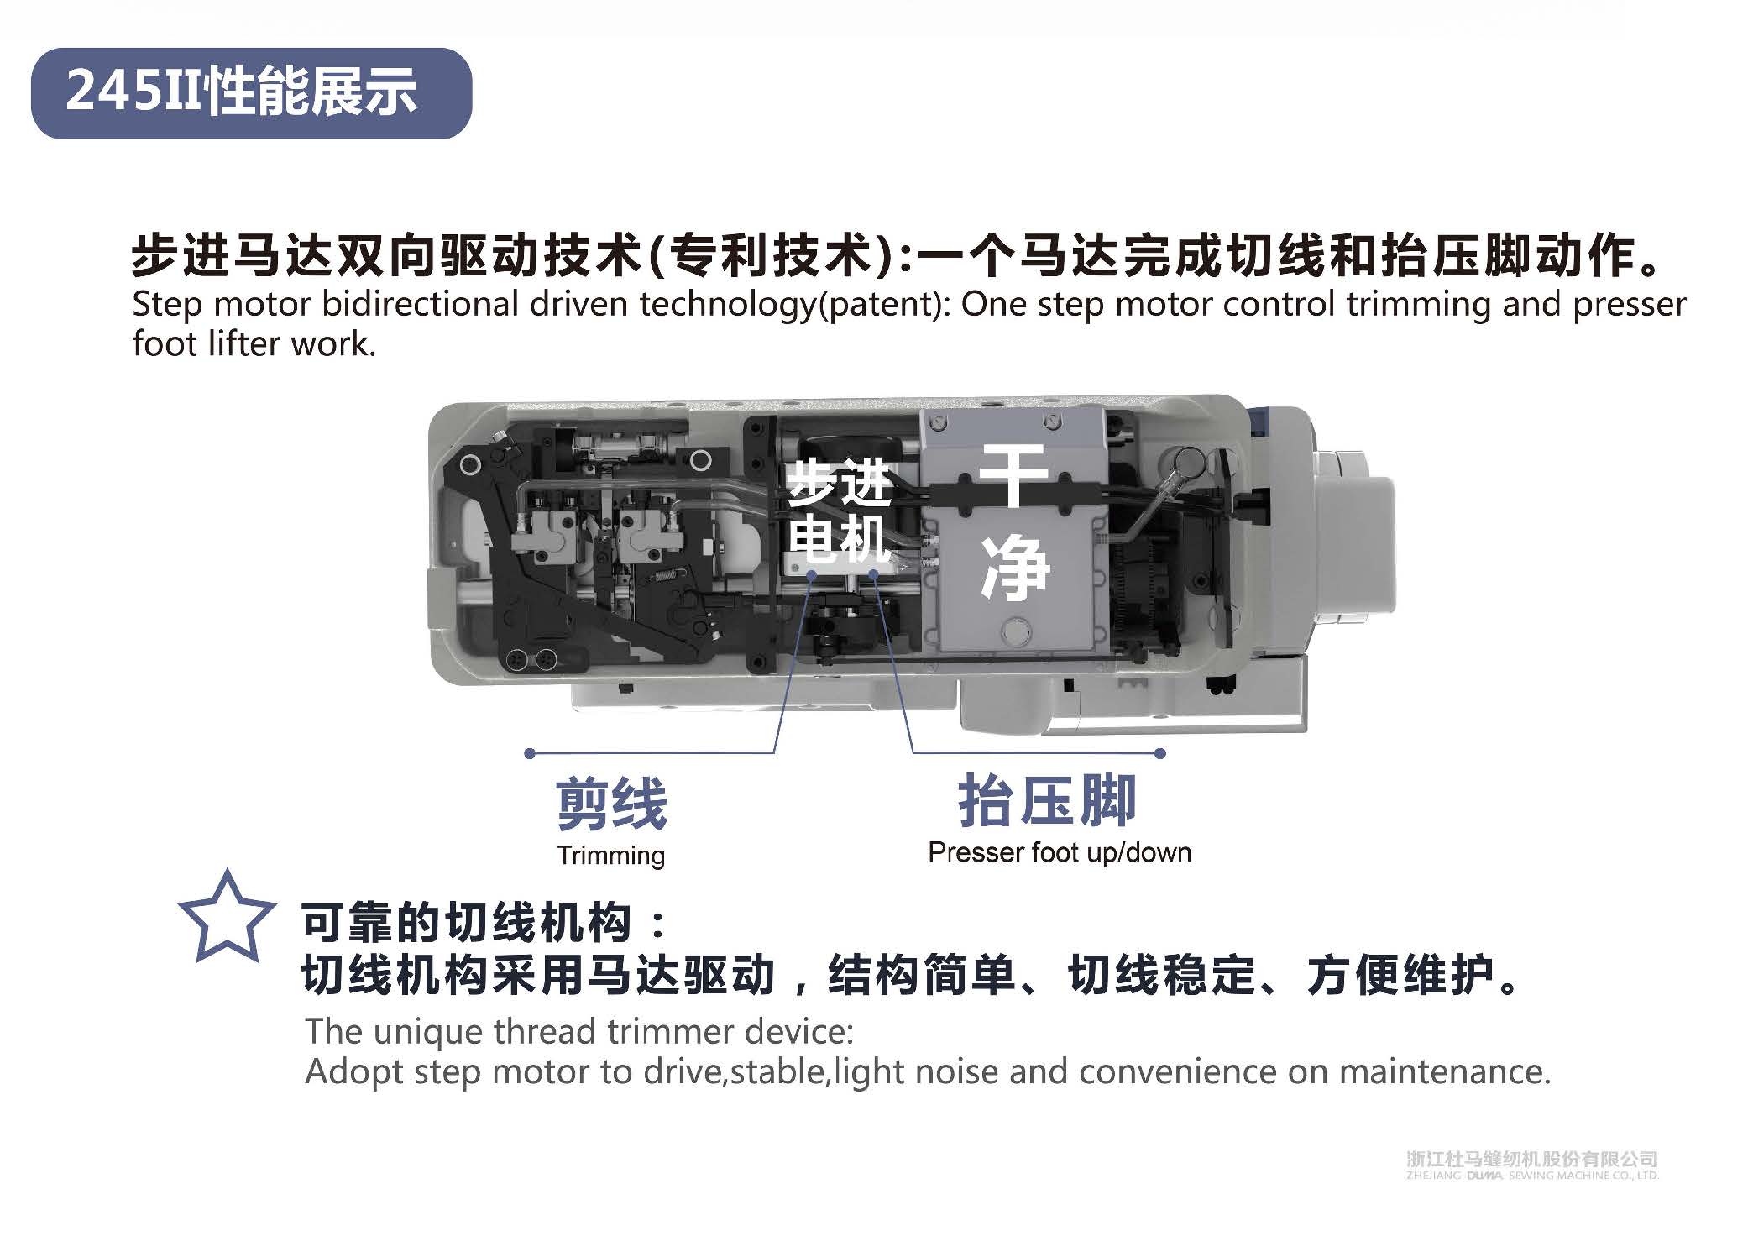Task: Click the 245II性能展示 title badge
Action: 251,93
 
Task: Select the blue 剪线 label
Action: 611,803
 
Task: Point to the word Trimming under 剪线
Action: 611,856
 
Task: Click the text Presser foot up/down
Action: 1060,852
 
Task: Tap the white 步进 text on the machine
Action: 839,483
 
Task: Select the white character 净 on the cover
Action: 1015,568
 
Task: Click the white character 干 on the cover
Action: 1014,475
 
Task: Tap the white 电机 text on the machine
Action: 839,537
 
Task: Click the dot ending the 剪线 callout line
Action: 529,753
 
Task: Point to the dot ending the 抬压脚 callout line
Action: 1160,753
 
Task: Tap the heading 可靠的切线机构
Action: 466,923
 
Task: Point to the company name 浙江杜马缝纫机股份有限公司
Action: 1532,1160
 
